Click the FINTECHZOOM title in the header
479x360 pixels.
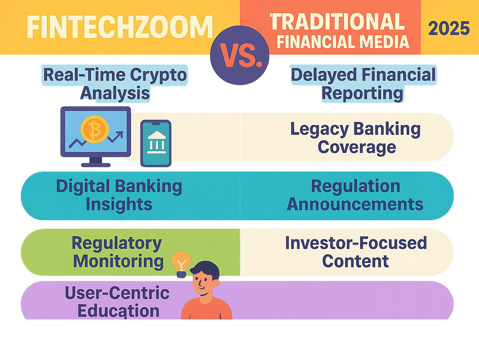coord(119,27)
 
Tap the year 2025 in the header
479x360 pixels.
coord(449,28)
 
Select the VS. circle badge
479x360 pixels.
coord(239,55)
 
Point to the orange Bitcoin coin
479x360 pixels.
coord(94,129)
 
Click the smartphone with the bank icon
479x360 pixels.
coord(156,144)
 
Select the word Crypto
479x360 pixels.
coord(158,75)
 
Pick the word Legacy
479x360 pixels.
coord(319,129)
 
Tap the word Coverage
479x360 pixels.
coord(357,147)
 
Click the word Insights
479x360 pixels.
coord(119,205)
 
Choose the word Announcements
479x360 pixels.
coord(355,204)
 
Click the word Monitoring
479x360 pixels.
coord(118,261)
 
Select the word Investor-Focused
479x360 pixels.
coord(356,243)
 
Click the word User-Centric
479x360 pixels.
coord(117,293)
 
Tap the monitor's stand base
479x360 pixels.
coord(96,165)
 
